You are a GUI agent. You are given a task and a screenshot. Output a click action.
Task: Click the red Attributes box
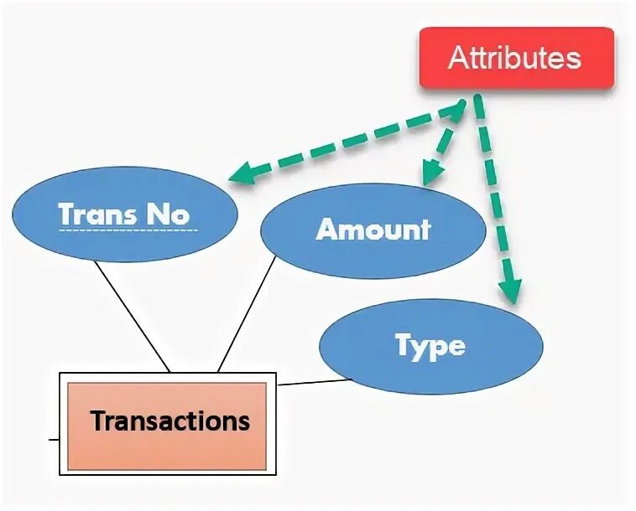(x=517, y=59)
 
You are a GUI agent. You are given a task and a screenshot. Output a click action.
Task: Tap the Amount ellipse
(x=373, y=230)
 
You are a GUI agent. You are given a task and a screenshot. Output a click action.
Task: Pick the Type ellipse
(x=430, y=346)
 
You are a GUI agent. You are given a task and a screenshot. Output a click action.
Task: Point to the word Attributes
(x=514, y=58)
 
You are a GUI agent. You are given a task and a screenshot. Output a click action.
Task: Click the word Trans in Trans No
(x=96, y=214)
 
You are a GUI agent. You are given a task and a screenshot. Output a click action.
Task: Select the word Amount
(x=373, y=230)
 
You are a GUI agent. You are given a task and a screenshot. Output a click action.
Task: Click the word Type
(x=430, y=346)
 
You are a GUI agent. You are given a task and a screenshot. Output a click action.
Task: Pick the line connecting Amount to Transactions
(x=247, y=314)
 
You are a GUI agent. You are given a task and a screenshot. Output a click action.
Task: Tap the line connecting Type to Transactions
(x=315, y=383)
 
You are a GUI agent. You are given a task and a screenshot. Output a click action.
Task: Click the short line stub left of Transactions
(x=54, y=438)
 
